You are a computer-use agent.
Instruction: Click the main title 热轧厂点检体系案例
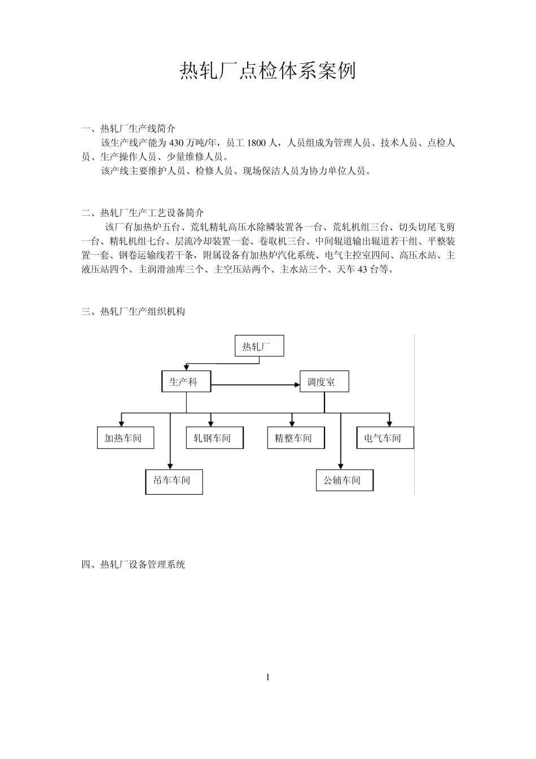[267, 72]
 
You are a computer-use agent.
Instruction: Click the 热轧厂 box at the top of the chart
[259, 346]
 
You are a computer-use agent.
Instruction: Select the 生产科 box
[186, 382]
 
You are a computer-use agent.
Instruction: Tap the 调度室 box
[324, 382]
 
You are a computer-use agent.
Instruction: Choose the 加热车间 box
[125, 438]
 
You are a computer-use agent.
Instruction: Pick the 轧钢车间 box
[214, 438]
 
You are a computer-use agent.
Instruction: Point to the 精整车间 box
[296, 438]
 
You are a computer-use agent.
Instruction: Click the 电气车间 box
[385, 438]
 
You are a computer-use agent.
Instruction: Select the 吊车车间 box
[174, 481]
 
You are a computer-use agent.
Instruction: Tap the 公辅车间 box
[345, 481]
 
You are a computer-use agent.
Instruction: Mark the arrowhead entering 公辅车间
[340, 466]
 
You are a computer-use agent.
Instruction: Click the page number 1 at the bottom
[268, 677]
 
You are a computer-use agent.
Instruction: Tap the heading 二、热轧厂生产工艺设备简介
[143, 213]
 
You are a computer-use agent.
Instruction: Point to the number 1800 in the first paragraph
[256, 143]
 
